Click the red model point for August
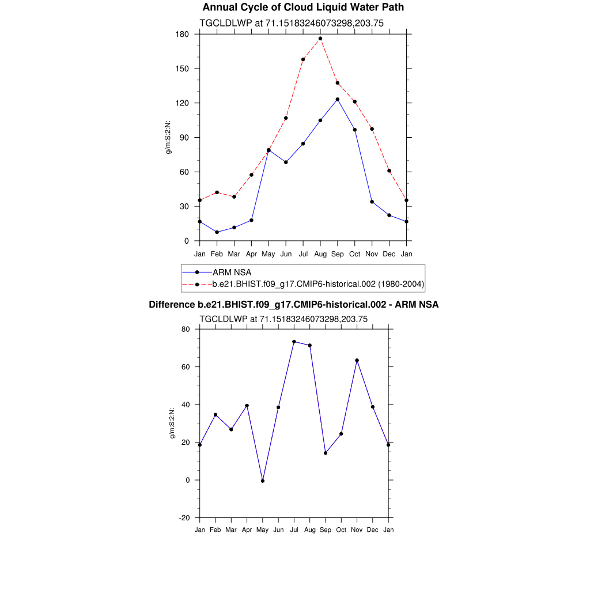coord(320,39)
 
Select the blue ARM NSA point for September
coord(338,99)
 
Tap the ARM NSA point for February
coord(217,232)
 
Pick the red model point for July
coord(303,59)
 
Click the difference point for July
coord(294,342)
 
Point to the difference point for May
coord(263,481)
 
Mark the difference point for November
coord(357,361)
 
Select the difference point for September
coord(326,453)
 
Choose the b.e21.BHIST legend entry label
coord(318,284)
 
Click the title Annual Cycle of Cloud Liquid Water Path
coord(303,7)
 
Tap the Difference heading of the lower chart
coord(294,304)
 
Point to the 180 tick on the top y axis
coord(183,34)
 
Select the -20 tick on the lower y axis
coord(185,517)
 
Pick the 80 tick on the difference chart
coord(186,329)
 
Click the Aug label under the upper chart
coord(320,254)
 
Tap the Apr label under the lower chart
coord(247,530)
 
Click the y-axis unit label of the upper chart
coord(169,137)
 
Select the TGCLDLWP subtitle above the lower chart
coord(283,319)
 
